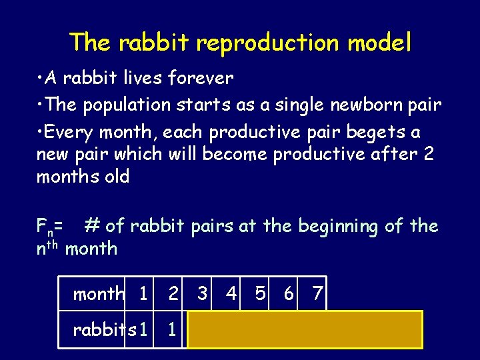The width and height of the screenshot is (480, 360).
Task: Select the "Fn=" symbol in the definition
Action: pos(50,227)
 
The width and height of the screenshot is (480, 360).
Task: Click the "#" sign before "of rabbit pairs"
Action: pos(91,226)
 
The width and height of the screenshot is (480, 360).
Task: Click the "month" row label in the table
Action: pos(99,294)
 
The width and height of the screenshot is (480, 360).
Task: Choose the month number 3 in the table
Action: pos(201,293)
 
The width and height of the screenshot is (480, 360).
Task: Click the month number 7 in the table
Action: pos(317,293)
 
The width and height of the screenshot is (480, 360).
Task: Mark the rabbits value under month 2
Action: pos(172,329)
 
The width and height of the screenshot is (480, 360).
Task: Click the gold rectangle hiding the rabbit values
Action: pos(305,329)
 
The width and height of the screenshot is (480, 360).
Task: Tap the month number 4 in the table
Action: pos(231,293)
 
